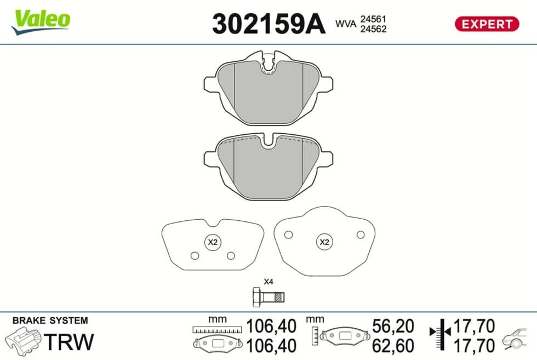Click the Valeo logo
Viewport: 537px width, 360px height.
point(41,21)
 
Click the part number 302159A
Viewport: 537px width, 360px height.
point(268,24)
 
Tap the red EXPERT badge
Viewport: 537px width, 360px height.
point(487,24)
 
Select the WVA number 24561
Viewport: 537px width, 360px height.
point(373,19)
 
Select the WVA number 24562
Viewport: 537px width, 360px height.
point(373,29)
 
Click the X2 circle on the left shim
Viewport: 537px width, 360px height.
point(213,242)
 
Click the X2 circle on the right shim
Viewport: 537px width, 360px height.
point(324,242)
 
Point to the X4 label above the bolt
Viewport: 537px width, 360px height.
point(268,282)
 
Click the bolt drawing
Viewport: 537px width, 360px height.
point(268,298)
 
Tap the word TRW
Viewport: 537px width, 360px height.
point(69,341)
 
